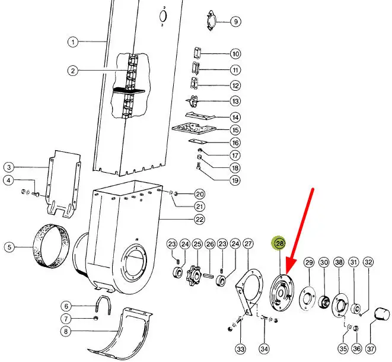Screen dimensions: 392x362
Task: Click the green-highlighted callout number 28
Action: pyautogui.click(x=279, y=243)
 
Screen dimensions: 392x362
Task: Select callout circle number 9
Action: pyautogui.click(x=235, y=21)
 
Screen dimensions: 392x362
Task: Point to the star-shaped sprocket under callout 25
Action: pyautogui.click(x=195, y=276)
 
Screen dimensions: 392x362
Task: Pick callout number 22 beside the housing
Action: pyautogui.click(x=199, y=220)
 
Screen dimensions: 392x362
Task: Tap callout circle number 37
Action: pyautogui.click(x=371, y=348)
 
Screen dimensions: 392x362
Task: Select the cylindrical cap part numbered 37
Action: pyautogui.click(x=382, y=314)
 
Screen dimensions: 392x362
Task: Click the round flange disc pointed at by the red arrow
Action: pyautogui.click(x=282, y=293)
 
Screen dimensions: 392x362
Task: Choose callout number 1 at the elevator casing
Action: pyautogui.click(x=73, y=42)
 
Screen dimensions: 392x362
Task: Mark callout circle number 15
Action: pyautogui.click(x=235, y=130)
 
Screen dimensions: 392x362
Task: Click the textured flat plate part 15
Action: pyautogui.click(x=194, y=128)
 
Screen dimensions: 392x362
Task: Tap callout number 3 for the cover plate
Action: pyautogui.click(x=9, y=167)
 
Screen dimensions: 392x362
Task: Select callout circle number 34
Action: pyautogui.click(x=264, y=348)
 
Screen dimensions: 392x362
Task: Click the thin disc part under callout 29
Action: pyautogui.click(x=307, y=299)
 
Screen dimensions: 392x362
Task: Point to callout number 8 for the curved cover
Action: pyautogui.click(x=66, y=332)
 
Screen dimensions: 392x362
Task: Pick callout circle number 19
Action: pyautogui.click(x=235, y=180)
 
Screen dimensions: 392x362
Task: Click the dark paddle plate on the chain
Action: pyautogui.click(x=129, y=91)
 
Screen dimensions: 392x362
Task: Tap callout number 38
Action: pyautogui.click(x=339, y=262)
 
